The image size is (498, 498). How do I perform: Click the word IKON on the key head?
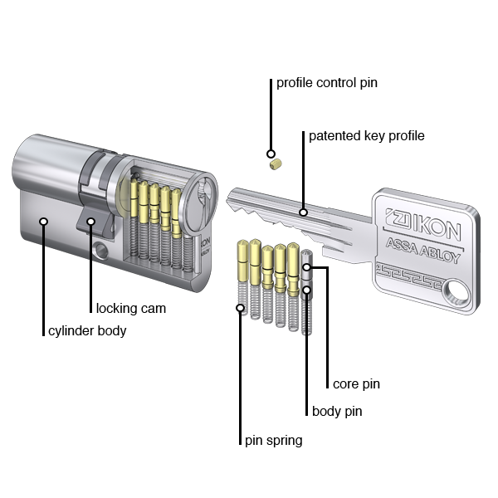431,222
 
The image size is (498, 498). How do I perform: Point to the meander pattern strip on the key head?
411,271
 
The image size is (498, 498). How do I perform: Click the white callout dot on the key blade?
304,212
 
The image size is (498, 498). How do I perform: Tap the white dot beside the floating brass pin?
271,154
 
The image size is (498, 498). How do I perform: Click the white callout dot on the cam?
90,222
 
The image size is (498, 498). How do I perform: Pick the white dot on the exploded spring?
241,308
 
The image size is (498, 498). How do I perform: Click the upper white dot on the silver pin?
306,267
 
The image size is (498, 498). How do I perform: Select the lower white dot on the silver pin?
306,290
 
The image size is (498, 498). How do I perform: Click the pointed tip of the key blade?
229,198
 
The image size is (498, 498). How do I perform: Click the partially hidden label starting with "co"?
355,384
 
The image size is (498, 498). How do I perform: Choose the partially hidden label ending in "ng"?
273,441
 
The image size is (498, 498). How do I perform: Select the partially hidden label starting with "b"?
336,412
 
